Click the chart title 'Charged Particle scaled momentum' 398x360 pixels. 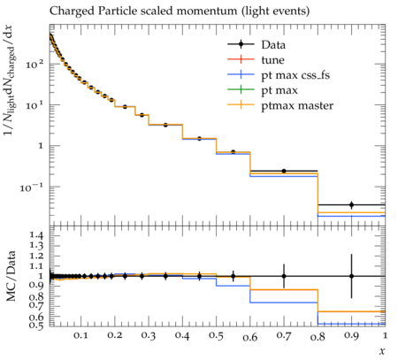pyautogui.click(x=143, y=11)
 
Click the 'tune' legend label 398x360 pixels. pyautogui.click(x=272, y=60)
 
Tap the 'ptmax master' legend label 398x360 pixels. pyautogui.click(x=297, y=105)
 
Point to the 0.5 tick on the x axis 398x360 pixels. pyautogui.click(x=216, y=336)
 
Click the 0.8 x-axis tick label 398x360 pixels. pyautogui.click(x=318, y=336)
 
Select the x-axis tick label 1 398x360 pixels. pyautogui.click(x=385, y=335)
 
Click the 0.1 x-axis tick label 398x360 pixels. pyautogui.click(x=80, y=336)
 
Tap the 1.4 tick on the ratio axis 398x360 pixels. pyautogui.click(x=35, y=235)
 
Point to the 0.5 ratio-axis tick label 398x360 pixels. pyautogui.click(x=35, y=325)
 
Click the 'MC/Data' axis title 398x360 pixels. pyautogui.click(x=11, y=276)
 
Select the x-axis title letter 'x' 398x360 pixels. pyautogui.click(x=382, y=351)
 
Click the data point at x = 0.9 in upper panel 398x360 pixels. pyautogui.click(x=351, y=204)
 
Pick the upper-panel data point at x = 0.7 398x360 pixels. pyautogui.click(x=284, y=171)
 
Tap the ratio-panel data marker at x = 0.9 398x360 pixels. pyautogui.click(x=351, y=276)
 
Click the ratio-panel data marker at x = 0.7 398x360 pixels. pyautogui.click(x=284, y=276)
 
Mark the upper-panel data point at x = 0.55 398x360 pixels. pyautogui.click(x=233, y=152)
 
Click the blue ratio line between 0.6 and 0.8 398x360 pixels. pyautogui.click(x=284, y=303)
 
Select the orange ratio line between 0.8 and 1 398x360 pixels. pyautogui.click(x=351, y=311)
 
